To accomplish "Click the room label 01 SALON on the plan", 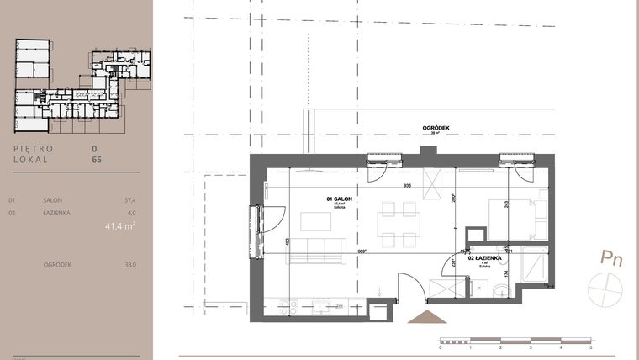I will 339,199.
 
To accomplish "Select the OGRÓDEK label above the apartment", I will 436,128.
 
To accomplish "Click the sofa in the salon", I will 314,249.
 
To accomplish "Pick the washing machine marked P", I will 478,289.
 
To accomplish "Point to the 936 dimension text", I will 407,185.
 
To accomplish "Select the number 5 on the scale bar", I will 591,347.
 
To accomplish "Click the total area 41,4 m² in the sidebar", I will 120,225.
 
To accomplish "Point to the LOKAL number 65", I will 96,157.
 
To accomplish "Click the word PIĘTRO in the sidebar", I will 34,148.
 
